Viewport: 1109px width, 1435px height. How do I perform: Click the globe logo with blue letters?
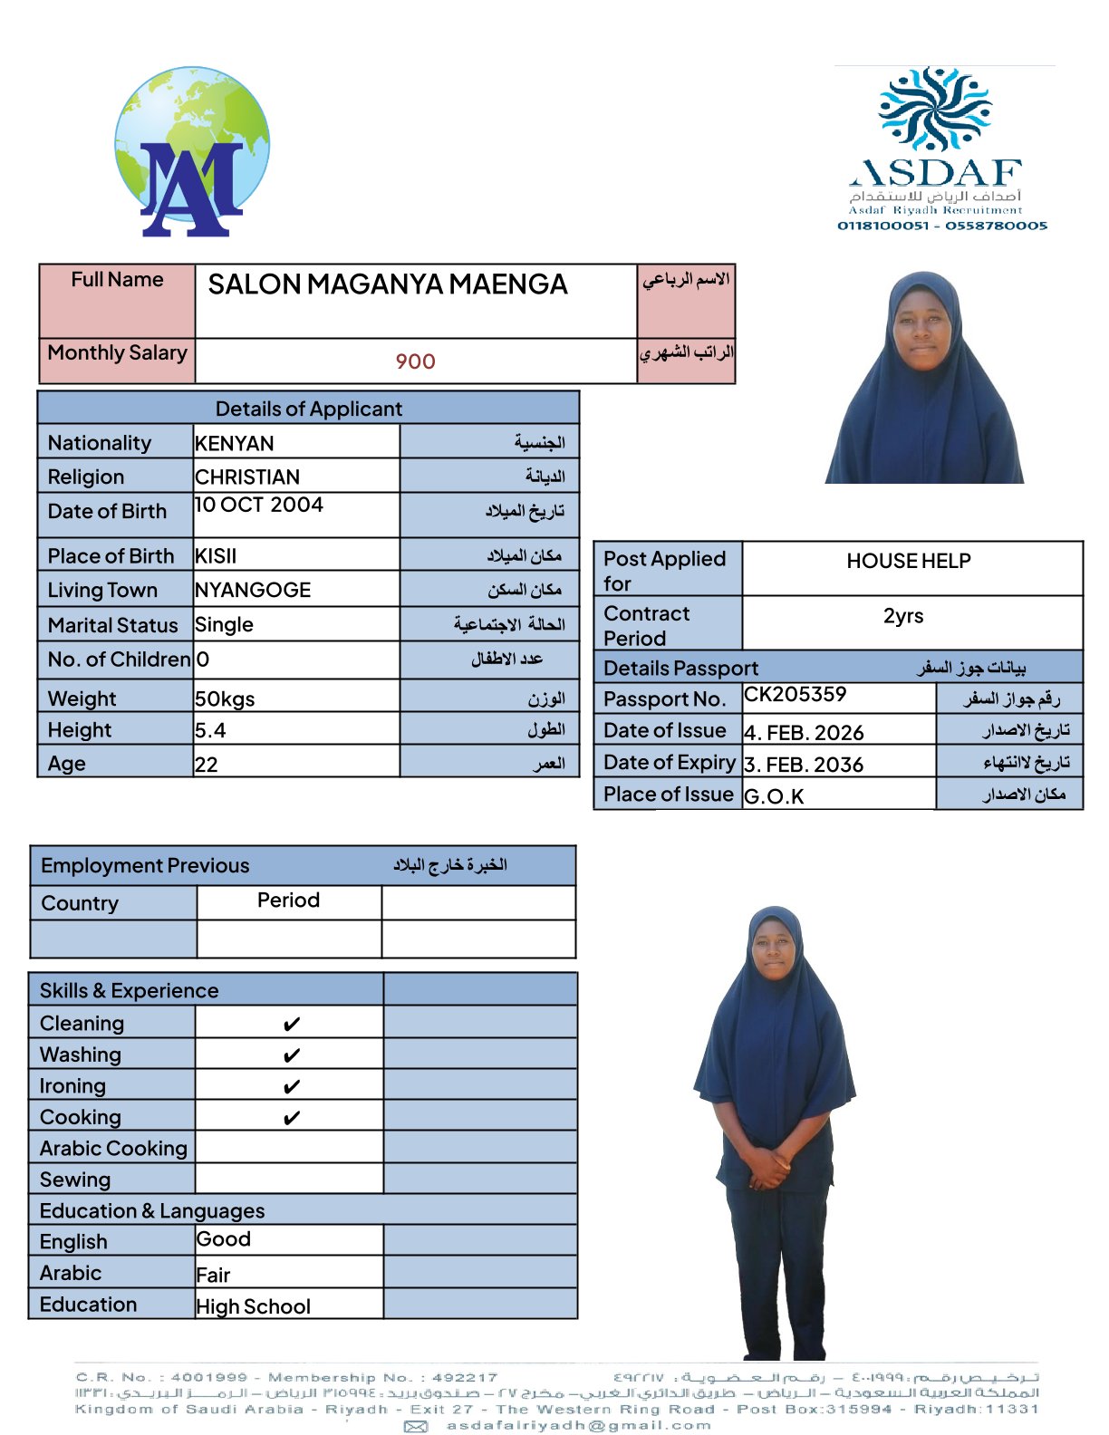[192, 152]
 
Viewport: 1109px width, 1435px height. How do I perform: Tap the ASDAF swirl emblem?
[935, 108]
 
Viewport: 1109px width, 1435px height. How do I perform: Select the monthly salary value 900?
[415, 361]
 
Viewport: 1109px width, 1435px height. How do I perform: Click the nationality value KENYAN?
[235, 443]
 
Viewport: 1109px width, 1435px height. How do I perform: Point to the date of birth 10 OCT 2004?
[259, 506]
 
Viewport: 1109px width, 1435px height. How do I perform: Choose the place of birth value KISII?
[216, 556]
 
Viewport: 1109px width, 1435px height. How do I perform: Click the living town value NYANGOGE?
[253, 591]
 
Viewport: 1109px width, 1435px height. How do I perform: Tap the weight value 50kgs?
[225, 699]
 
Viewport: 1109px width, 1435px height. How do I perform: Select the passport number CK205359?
[795, 695]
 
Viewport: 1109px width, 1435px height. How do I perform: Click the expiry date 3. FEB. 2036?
[803, 765]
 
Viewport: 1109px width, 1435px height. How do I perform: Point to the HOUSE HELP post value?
[908, 562]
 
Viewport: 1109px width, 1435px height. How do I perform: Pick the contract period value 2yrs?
[903, 616]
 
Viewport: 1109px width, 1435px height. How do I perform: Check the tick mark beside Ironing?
[291, 1087]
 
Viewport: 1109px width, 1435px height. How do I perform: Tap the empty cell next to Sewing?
[289, 1179]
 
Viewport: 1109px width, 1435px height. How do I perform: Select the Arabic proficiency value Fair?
[214, 1276]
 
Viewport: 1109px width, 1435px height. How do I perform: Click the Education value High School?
[254, 1306]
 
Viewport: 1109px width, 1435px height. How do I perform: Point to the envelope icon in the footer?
[416, 1427]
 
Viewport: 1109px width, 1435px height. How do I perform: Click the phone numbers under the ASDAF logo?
[941, 226]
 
